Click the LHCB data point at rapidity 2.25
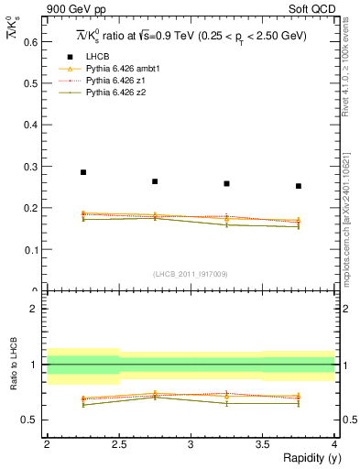coord(83,172)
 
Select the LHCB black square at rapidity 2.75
coord(155,181)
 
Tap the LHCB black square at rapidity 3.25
coord(227,183)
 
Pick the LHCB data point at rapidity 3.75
coord(299,186)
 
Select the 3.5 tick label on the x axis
coord(262,444)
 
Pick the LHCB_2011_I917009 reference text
coord(191,273)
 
